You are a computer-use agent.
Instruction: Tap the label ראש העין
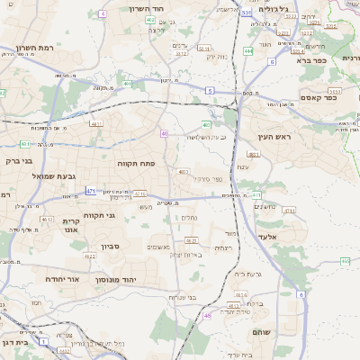268,137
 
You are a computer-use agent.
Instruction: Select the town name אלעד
269,236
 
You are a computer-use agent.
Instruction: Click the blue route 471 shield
91,191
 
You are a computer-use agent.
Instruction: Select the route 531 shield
246,13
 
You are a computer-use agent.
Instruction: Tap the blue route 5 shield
209,91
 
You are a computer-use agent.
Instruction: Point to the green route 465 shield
345,261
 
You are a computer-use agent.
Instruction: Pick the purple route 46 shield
207,315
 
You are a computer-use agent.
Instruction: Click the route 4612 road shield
47,219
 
